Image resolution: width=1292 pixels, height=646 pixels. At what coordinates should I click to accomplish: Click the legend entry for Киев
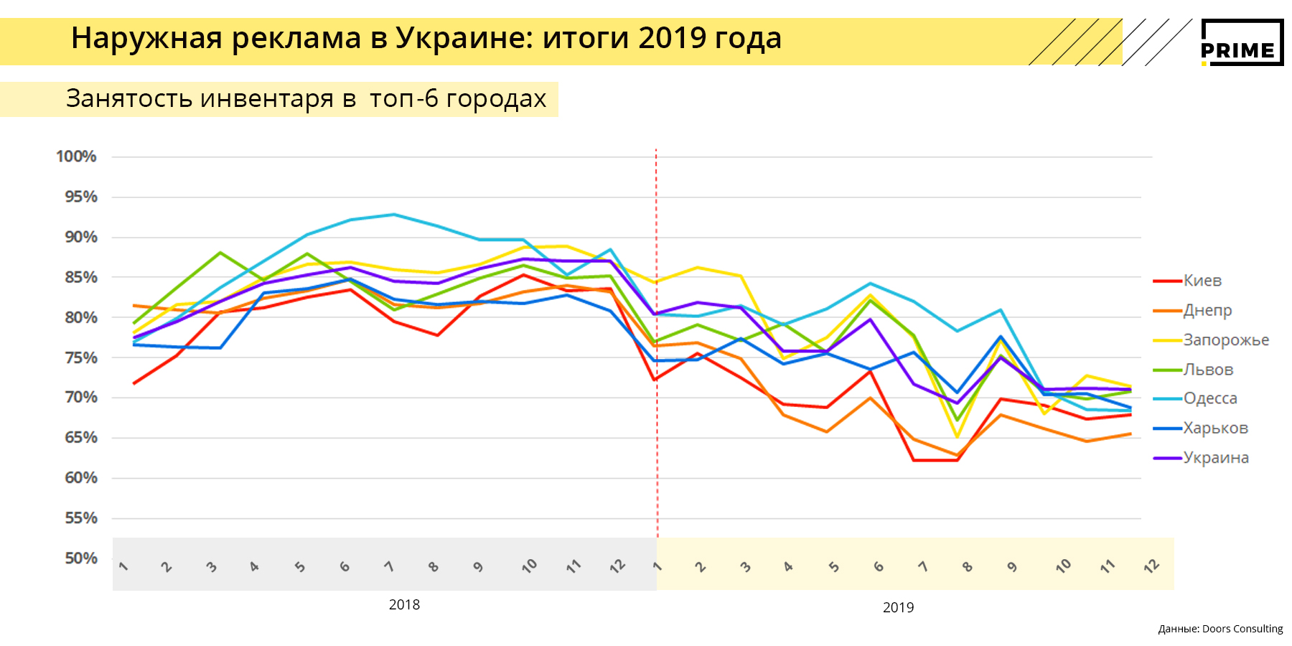[x=1202, y=281]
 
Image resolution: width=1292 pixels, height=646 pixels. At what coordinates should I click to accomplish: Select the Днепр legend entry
[x=1207, y=310]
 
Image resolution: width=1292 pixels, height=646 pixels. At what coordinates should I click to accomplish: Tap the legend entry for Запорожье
[x=1226, y=340]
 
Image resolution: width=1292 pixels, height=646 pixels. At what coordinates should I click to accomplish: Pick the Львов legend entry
[x=1208, y=370]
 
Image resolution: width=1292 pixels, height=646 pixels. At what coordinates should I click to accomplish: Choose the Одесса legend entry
[x=1210, y=398]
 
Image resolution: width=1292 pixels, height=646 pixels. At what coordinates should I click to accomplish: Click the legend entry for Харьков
[x=1215, y=428]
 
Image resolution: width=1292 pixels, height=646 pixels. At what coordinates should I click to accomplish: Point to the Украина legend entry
[x=1216, y=457]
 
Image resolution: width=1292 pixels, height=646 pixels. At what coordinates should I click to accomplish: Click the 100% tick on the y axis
[x=76, y=156]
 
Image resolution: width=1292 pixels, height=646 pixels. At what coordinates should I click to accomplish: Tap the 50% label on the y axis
[x=81, y=558]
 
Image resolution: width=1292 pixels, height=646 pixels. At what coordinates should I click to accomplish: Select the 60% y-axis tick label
[x=81, y=477]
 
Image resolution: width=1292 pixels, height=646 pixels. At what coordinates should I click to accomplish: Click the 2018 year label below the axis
[x=404, y=604]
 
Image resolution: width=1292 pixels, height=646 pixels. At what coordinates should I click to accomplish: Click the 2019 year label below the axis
[x=898, y=607]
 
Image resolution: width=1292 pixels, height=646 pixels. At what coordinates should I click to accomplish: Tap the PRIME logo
[x=1242, y=43]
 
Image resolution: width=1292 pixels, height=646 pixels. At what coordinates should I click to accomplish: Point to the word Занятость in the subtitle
[x=128, y=98]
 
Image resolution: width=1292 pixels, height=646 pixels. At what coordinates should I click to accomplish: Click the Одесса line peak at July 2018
[x=393, y=214]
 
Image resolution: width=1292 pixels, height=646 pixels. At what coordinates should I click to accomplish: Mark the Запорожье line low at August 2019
[x=957, y=436]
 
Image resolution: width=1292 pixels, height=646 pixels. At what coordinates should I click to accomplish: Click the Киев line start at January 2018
[x=134, y=383]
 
